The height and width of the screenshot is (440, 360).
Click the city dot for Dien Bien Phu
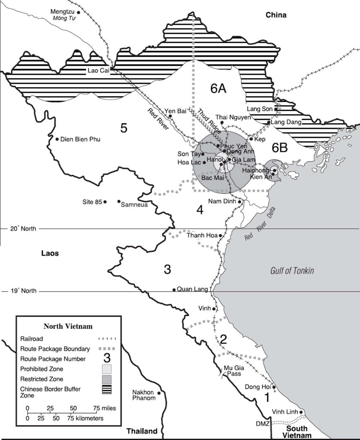tap(57, 139)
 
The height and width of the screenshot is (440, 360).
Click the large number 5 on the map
tap(124, 128)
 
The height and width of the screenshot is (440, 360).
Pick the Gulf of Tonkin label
tap(292, 271)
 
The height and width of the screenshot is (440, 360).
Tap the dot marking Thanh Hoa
tap(220, 235)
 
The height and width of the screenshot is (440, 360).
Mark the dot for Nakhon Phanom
tap(159, 393)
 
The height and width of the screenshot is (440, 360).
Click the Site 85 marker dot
tap(105, 202)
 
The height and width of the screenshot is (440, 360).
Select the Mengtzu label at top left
tap(63, 12)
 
